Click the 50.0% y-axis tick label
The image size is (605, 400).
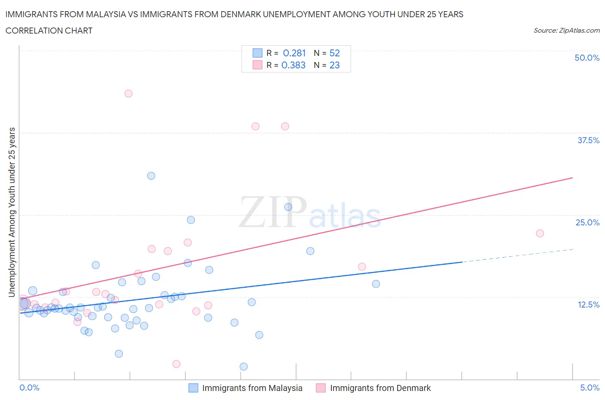[x=587, y=58]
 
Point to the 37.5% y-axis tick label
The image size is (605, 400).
[x=588, y=140]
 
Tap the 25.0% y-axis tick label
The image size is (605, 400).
[x=587, y=222]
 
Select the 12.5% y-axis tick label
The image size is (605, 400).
[x=588, y=305]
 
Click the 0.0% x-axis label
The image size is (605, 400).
[x=29, y=388]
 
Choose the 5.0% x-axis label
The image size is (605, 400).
[x=590, y=388]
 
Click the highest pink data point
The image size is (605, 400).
[x=128, y=93]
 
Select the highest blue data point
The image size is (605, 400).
[x=151, y=175]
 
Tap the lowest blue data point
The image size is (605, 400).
[x=244, y=366]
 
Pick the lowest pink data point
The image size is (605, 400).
[x=176, y=364]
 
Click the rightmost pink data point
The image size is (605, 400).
[x=540, y=233]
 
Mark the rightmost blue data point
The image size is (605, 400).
[x=376, y=283]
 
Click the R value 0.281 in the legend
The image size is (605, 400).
[x=294, y=53]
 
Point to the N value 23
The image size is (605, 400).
[x=334, y=65]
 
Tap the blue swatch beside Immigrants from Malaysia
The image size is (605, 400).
[x=193, y=388]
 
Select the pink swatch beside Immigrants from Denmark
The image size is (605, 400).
[x=321, y=388]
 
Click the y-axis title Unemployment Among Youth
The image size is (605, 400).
[x=12, y=212]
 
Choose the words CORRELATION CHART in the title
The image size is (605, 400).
[x=49, y=31]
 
